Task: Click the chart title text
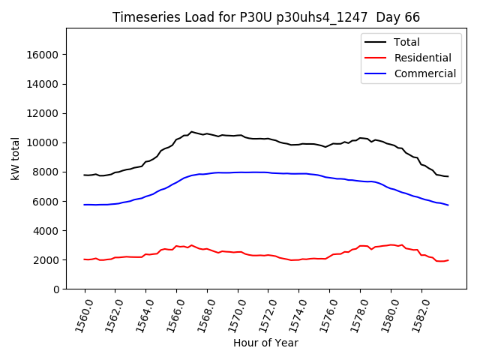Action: [x=266, y=17]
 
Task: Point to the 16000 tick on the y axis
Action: [x=43, y=55]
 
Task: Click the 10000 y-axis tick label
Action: [x=43, y=142]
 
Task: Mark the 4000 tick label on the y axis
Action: [x=46, y=230]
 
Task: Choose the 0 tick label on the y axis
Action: [x=56, y=289]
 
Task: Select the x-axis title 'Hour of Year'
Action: [x=265, y=343]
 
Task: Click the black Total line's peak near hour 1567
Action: [x=191, y=132]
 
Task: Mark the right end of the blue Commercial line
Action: [x=448, y=205]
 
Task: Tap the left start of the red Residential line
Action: [x=85, y=259]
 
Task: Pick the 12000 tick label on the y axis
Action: [x=43, y=113]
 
